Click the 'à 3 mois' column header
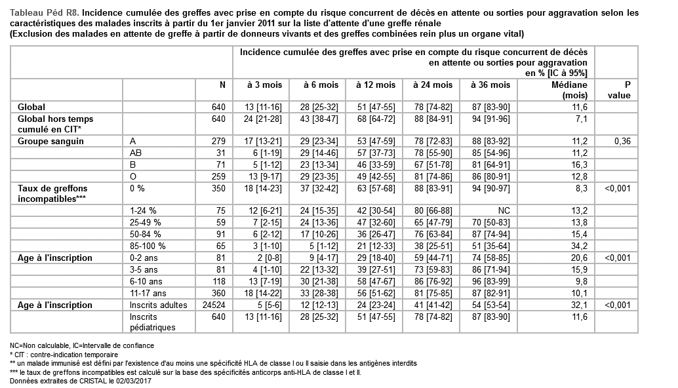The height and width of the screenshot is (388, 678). (x=264, y=85)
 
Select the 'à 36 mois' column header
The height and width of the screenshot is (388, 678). (x=490, y=85)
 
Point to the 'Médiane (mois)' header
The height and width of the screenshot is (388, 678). (x=568, y=90)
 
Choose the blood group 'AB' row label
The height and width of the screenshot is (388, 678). (x=136, y=153)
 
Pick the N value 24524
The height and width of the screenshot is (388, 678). (x=214, y=305)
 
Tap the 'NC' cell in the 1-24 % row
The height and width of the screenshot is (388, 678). (x=504, y=210)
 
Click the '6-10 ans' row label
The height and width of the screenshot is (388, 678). (x=144, y=281)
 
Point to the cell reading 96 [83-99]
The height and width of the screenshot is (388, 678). (x=489, y=281)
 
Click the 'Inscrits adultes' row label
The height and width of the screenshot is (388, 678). (x=158, y=305)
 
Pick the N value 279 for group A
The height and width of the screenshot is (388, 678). (x=218, y=141)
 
